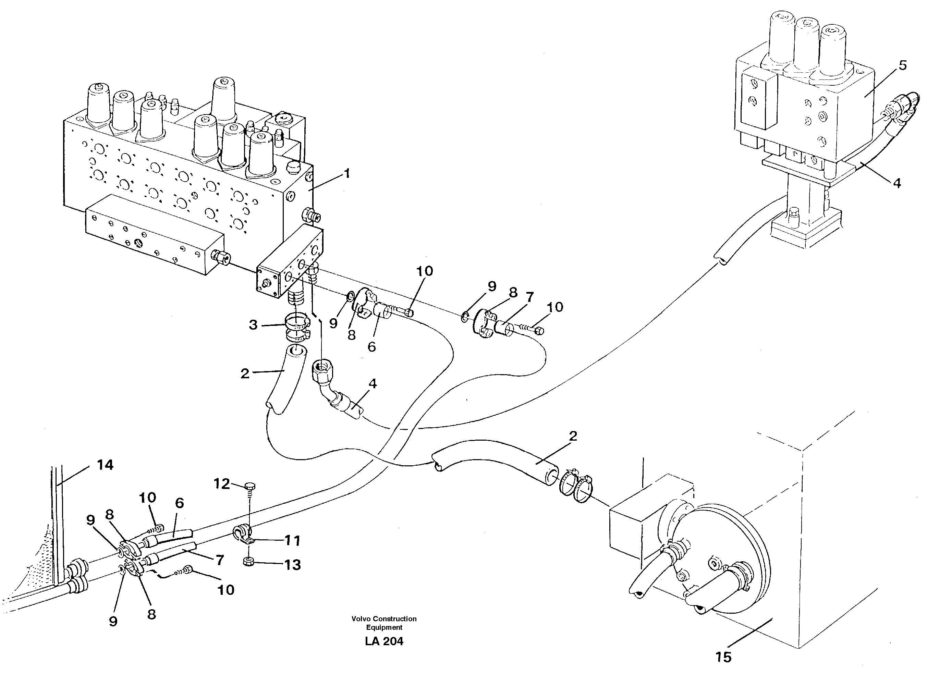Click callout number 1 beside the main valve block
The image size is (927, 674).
pyautogui.click(x=347, y=174)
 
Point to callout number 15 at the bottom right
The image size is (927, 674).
pyautogui.click(x=723, y=657)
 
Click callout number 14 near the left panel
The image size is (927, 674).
pyautogui.click(x=105, y=465)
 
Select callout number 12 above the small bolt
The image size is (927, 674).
pyautogui.click(x=222, y=484)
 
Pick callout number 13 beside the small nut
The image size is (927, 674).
pyautogui.click(x=292, y=565)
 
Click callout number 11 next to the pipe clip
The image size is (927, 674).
pyautogui.click(x=292, y=541)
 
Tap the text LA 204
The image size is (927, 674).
pyautogui.click(x=384, y=642)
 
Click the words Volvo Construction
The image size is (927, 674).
pyautogui.click(x=384, y=619)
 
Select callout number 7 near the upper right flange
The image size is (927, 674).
pyautogui.click(x=530, y=297)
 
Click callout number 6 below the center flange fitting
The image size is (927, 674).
pyautogui.click(x=371, y=347)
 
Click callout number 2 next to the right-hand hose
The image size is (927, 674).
pyautogui.click(x=573, y=436)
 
